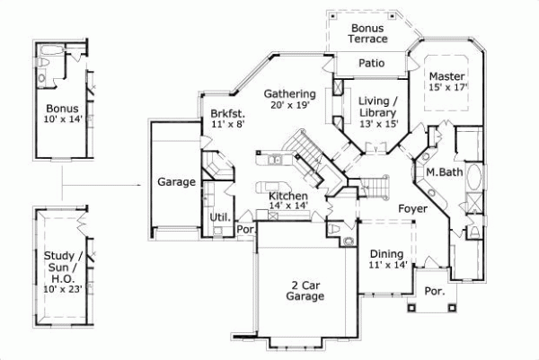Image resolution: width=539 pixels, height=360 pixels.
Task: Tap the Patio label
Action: [372, 64]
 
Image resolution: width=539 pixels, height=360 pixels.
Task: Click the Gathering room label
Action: [289, 93]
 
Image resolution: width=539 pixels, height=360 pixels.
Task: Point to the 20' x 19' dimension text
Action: [289, 105]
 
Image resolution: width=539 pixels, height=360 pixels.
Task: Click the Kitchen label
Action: [288, 196]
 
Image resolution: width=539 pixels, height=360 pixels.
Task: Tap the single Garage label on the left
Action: [177, 182]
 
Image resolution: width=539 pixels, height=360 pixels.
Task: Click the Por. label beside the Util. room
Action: [245, 229]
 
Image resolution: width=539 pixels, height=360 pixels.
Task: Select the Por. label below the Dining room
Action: [434, 292]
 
